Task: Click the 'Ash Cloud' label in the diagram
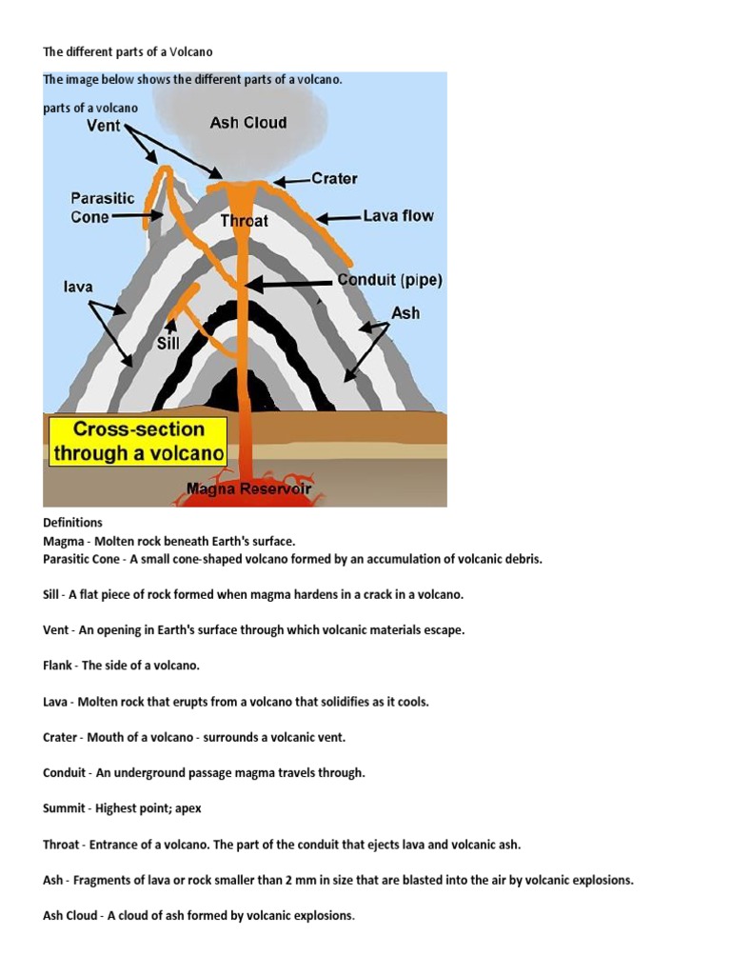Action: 247,123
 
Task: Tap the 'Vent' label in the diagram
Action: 103,125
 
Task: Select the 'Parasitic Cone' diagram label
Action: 103,208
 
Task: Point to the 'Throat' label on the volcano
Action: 245,221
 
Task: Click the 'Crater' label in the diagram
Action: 334,178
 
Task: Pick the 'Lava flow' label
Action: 398,216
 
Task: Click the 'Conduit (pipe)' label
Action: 389,281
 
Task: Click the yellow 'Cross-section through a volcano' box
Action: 138,441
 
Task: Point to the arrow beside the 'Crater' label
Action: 291,179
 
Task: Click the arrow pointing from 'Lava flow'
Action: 339,218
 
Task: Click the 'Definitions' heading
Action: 72,523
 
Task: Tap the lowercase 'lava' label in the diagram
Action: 78,286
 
